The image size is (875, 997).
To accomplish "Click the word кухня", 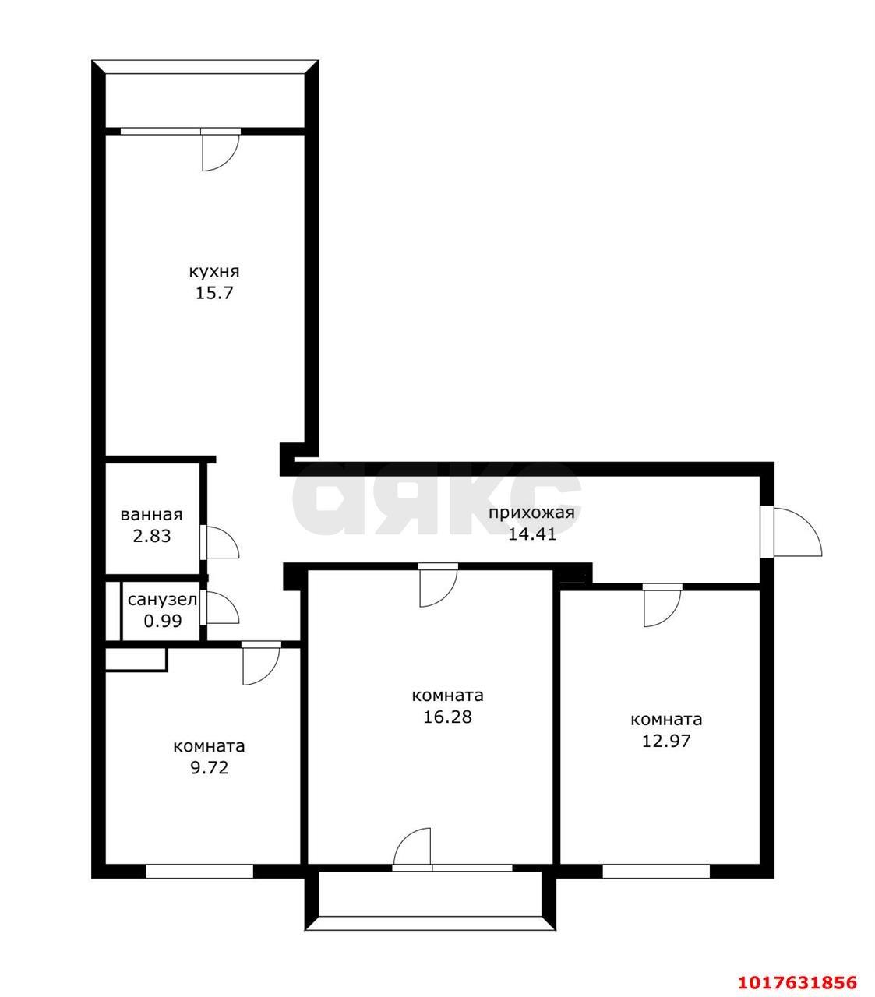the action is [x=214, y=272].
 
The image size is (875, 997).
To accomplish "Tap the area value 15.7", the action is [x=214, y=294].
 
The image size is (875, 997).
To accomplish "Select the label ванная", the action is [x=151, y=515].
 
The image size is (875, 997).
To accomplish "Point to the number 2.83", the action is [x=152, y=536].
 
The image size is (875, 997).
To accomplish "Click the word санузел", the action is [x=163, y=600].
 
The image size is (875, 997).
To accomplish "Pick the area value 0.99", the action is [x=163, y=621].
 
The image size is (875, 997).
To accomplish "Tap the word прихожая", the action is [x=531, y=513].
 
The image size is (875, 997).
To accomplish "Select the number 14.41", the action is [x=532, y=534].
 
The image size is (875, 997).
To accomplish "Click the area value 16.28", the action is [x=447, y=717].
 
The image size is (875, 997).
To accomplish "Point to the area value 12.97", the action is [x=666, y=741].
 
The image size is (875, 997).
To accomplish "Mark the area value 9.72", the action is [x=210, y=768].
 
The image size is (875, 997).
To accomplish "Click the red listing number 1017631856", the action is [x=797, y=968].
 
